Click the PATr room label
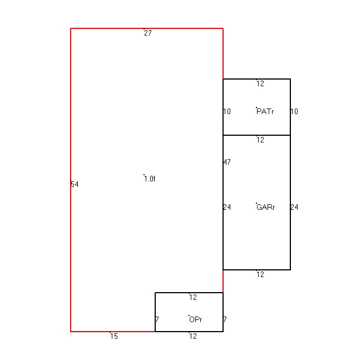pos(265,111)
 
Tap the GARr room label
pos(265,208)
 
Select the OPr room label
pos(195,319)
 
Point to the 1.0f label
pos(150,179)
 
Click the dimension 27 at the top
pos(148,33)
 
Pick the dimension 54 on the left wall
pos(75,184)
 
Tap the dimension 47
pos(227,162)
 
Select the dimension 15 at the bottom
pos(113,336)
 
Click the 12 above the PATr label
pos(260,83)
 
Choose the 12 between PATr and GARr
pos(260,140)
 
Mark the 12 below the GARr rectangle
pos(260,274)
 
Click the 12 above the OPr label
pos(193,297)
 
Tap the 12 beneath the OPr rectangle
pos(193,336)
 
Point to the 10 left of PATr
pos(227,111)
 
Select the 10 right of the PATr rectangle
pos(294,111)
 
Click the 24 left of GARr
pos(227,208)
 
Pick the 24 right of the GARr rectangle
pos(294,208)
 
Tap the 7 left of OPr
pos(157,319)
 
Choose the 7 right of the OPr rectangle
pos(225,319)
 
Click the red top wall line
pos(147,28)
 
